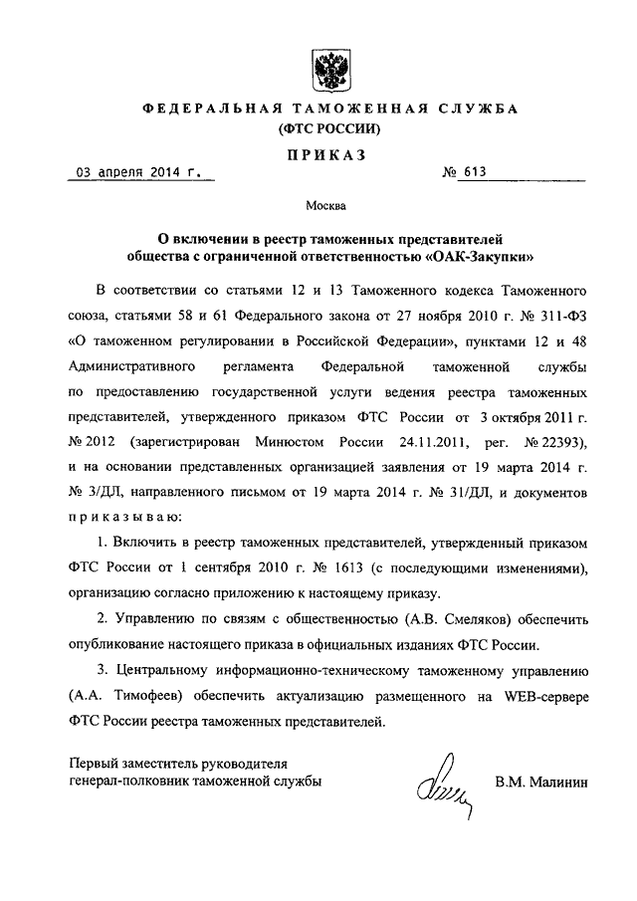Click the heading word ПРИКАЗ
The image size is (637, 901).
point(327,154)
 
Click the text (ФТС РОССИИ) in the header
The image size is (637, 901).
point(327,129)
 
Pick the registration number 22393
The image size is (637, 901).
point(550,441)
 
